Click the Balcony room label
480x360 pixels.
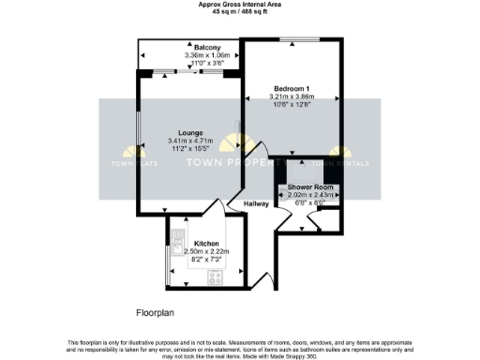coord(207,48)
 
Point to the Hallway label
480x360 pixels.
coord(256,202)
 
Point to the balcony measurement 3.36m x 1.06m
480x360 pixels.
coord(207,55)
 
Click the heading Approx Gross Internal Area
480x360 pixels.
coord(239,4)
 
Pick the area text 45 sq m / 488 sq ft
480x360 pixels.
coord(239,11)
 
